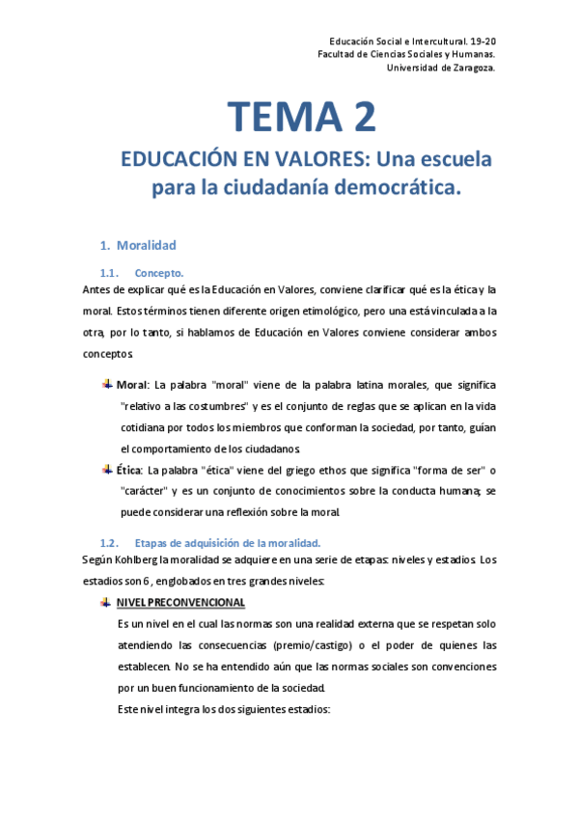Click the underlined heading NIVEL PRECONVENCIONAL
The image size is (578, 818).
pyautogui.click(x=181, y=603)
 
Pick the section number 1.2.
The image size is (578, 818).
pyautogui.click(x=108, y=541)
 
